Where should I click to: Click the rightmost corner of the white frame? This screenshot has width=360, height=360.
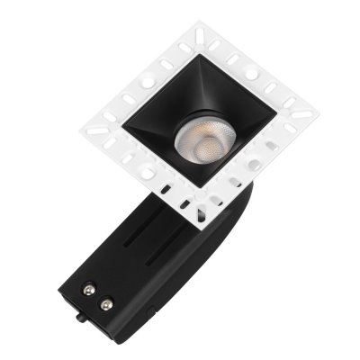[318, 114]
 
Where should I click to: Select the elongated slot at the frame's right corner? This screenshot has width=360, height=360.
[302, 115]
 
